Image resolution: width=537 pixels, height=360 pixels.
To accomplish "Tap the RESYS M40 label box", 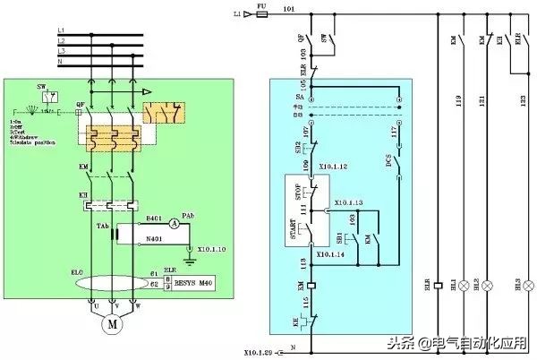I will pyautogui.click(x=194, y=283).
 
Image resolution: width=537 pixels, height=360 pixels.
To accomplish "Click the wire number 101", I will pyautogui.click(x=288, y=10).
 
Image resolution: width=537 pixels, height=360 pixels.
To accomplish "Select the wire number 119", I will pyautogui.click(x=458, y=101).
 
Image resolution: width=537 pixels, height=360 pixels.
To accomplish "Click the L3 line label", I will pyautogui.click(x=61, y=52).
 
